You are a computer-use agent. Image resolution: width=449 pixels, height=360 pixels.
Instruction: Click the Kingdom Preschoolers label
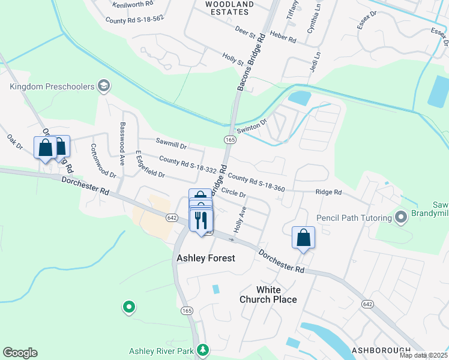click(x=52, y=86)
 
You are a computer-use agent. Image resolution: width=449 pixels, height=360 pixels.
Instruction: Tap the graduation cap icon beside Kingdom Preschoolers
click(x=104, y=86)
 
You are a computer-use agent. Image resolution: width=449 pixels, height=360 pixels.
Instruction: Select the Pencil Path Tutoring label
click(x=354, y=216)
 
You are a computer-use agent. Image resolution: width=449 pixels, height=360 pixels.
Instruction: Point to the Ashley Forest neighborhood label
click(x=205, y=258)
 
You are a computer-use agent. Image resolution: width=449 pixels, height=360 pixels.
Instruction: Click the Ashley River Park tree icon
click(x=203, y=349)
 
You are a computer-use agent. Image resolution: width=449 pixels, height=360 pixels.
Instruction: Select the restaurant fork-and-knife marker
click(x=201, y=220)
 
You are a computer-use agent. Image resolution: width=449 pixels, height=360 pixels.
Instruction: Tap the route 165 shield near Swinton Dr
click(x=229, y=139)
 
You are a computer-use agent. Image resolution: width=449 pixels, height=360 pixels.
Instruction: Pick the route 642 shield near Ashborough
click(x=367, y=305)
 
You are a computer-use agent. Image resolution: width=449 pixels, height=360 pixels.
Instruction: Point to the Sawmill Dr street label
click(x=171, y=143)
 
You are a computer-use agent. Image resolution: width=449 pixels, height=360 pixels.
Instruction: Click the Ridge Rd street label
click(x=329, y=193)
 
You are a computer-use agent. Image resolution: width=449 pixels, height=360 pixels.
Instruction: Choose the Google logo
click(x=20, y=353)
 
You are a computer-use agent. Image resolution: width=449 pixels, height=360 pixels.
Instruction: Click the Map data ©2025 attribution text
click(x=423, y=355)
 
